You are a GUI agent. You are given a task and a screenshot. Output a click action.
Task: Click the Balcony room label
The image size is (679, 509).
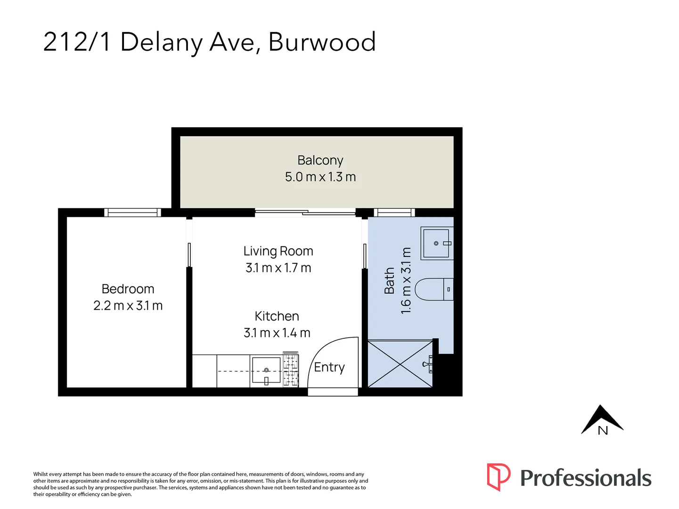(320, 160)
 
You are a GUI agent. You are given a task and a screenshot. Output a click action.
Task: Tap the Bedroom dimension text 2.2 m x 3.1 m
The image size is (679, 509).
(128, 306)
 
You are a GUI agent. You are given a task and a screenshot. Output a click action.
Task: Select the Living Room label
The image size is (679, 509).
(278, 251)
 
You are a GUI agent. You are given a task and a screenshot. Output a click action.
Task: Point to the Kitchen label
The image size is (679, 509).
(277, 316)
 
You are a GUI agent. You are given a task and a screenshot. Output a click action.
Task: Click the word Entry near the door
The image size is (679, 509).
(329, 367)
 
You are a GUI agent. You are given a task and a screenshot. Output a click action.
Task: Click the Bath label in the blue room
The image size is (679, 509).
(390, 281)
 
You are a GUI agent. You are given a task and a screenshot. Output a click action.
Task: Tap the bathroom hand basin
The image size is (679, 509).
(436, 243)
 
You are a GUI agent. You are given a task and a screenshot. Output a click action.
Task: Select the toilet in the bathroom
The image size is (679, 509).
(434, 289)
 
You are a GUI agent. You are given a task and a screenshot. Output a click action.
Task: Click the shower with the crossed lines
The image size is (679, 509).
(400, 364)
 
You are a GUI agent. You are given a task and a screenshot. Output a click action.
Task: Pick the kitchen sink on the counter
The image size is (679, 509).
(266, 371)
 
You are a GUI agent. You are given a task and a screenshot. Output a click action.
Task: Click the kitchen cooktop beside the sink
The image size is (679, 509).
(291, 369)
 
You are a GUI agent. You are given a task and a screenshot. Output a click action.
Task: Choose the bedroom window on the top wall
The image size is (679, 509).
(132, 213)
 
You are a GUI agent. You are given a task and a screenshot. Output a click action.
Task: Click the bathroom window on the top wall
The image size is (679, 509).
(394, 213)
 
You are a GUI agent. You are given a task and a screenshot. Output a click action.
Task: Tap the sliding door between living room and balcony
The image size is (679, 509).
(305, 213)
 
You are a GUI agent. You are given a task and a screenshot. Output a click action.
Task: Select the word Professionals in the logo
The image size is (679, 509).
(586, 478)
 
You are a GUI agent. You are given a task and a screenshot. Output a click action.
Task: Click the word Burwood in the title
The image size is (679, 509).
(322, 42)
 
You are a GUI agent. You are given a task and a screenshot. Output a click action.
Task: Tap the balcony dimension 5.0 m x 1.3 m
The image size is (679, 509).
(320, 177)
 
